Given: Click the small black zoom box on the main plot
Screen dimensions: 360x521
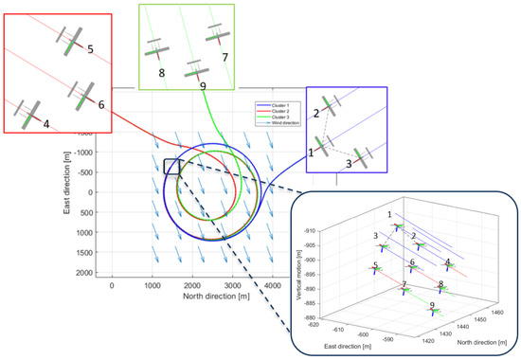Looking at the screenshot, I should [x=171, y=166].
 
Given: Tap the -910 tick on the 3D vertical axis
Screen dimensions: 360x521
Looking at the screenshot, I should [x=334, y=230].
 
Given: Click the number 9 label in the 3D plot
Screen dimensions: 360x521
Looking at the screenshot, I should [x=432, y=305].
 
